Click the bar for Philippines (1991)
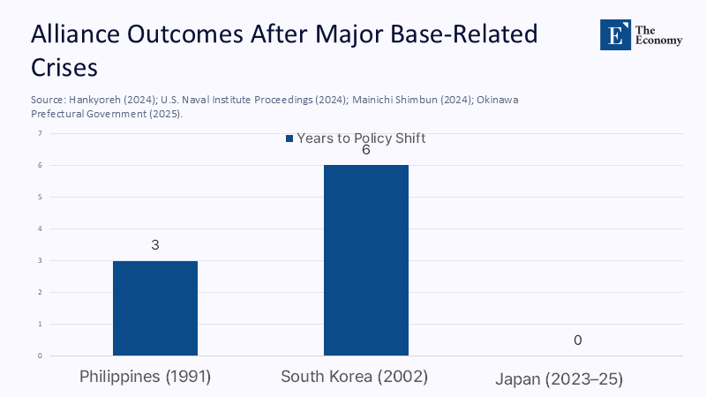(x=154, y=308)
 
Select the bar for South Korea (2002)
(x=365, y=260)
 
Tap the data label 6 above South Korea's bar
(x=365, y=150)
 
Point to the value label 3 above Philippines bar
(x=154, y=245)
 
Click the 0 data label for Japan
(x=577, y=341)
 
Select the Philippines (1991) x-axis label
(x=146, y=377)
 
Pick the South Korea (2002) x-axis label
(x=354, y=377)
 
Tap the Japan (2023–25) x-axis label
(x=559, y=379)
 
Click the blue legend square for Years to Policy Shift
(x=289, y=139)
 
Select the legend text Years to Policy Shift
(x=361, y=139)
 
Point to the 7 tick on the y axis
(x=40, y=133)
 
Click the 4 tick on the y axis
(x=40, y=228)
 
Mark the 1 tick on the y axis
(x=40, y=324)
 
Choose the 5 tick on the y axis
(x=40, y=197)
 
